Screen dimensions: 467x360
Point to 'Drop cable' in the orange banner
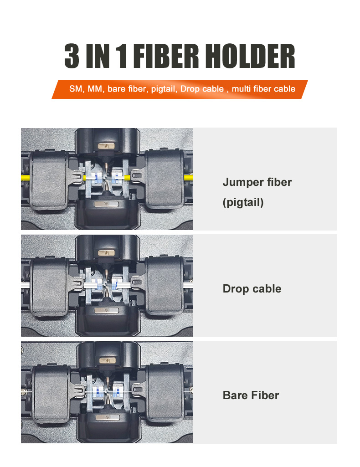[202, 89]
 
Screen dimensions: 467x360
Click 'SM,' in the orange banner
[76, 89]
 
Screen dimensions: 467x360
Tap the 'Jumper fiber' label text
[257, 183]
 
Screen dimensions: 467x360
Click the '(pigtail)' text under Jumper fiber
[243, 203]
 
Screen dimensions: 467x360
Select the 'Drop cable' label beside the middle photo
[252, 289]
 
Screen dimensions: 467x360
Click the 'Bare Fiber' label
[251, 395]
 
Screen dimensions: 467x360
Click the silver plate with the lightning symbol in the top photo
[107, 146]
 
